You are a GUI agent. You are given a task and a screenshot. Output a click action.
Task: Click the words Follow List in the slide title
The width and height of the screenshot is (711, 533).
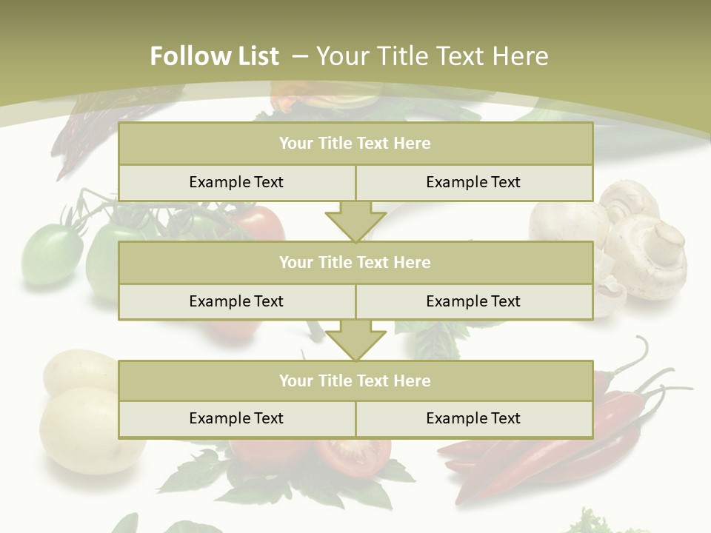tap(215, 56)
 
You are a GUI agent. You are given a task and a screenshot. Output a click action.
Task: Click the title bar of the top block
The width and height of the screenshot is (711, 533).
tap(355, 144)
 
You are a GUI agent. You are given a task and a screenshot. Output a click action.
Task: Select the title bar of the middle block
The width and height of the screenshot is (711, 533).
tap(355, 262)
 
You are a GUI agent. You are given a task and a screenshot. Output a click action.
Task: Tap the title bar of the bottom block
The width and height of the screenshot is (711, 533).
tap(355, 381)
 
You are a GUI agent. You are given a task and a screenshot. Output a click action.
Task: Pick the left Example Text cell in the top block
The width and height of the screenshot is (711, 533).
tap(236, 182)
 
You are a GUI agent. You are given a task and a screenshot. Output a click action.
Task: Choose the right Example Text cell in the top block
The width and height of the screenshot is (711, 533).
tap(473, 182)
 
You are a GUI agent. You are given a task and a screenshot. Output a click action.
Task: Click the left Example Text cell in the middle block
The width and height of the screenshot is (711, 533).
tap(236, 301)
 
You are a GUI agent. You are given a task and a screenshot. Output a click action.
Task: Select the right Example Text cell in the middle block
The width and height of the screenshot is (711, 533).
tap(473, 301)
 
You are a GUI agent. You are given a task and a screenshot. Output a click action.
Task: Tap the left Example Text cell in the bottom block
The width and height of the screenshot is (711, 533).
tap(236, 418)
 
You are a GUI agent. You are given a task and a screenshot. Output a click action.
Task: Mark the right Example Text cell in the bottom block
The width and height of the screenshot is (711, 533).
tap(473, 418)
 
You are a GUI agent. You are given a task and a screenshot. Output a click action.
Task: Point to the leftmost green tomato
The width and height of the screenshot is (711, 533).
tap(50, 255)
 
